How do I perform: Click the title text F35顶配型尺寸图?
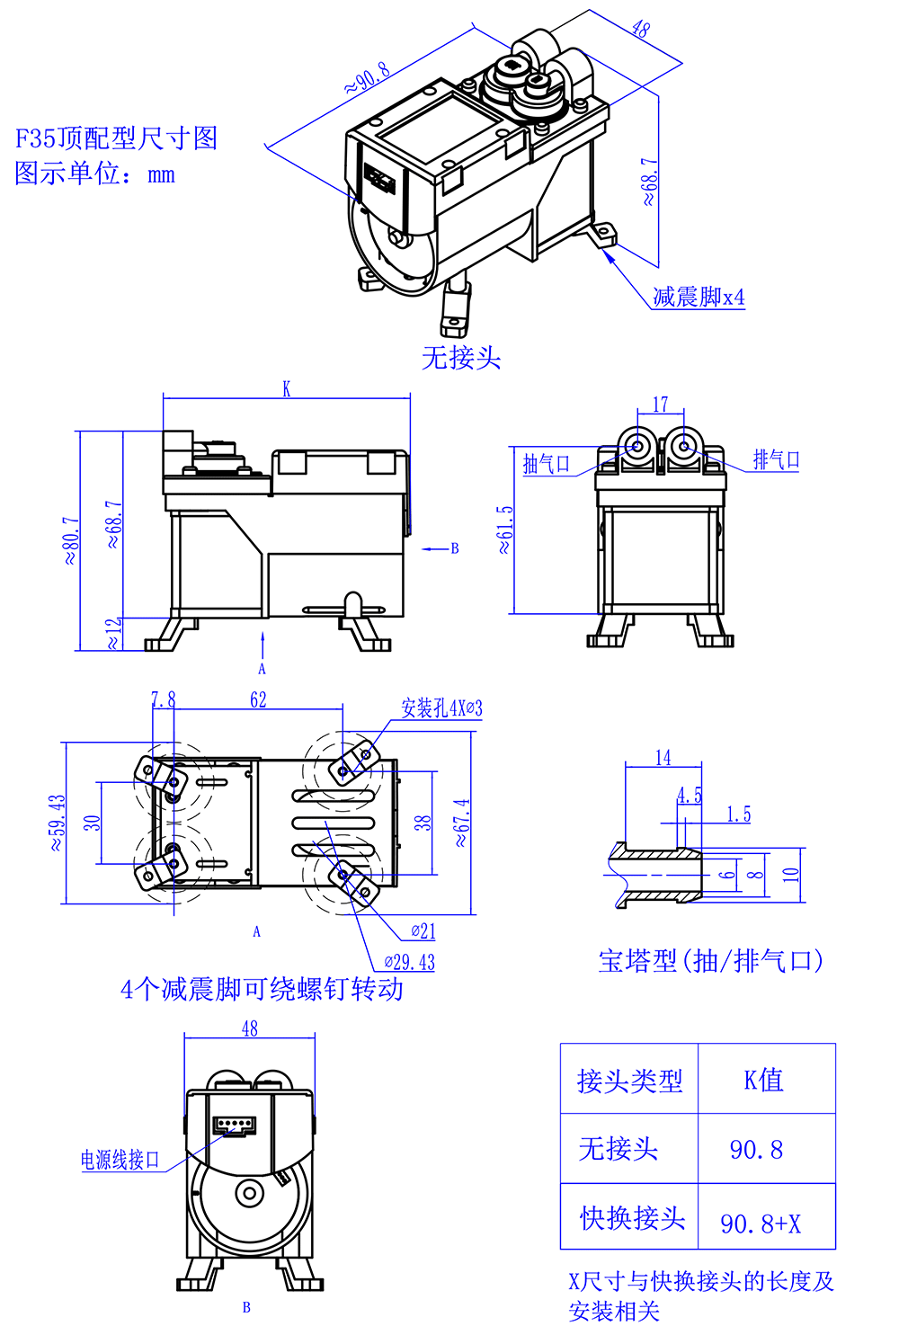[117, 138]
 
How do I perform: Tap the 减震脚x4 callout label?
[699, 297]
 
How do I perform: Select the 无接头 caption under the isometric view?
[461, 358]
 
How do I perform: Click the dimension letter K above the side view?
[287, 389]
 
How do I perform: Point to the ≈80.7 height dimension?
[70, 540]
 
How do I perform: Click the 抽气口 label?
[547, 464]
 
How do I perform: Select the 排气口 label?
[777, 460]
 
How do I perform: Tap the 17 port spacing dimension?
[661, 405]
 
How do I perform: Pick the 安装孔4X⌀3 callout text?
[441, 708]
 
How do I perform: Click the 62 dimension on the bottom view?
[258, 699]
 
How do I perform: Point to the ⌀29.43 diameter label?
[409, 963]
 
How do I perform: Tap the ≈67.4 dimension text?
[461, 823]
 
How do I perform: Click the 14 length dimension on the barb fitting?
[663, 758]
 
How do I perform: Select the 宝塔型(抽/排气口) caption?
[710, 961]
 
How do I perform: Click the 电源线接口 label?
[120, 1160]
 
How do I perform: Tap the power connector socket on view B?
[235, 1125]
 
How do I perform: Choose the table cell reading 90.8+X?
[761, 1224]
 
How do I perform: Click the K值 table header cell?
[764, 1080]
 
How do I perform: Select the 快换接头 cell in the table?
[632, 1218]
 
